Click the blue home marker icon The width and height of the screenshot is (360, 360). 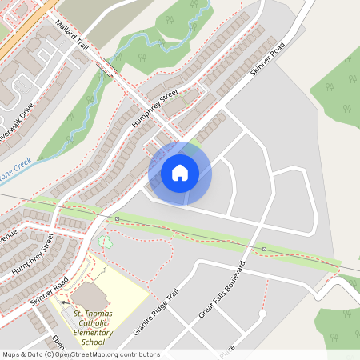coord(180,172)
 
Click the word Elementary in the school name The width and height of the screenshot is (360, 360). coord(94,332)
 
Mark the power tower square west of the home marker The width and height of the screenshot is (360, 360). coord(117,218)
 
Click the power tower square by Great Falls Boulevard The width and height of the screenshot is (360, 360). coord(264,249)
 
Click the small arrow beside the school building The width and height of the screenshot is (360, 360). coord(63,303)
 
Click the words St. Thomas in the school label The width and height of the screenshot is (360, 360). coord(92,313)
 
